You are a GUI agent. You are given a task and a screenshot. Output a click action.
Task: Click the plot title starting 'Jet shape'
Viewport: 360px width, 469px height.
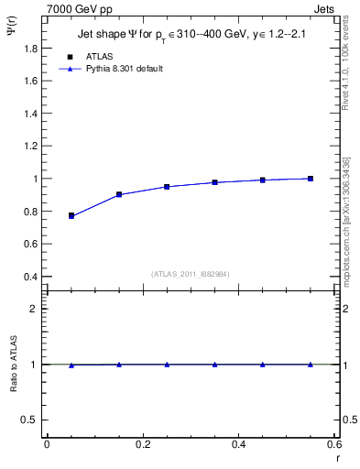coord(192,36)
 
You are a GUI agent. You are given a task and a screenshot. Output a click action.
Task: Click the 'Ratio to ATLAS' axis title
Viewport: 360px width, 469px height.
coord(14,364)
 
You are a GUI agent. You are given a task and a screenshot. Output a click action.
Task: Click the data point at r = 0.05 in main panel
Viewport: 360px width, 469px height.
coord(71,215)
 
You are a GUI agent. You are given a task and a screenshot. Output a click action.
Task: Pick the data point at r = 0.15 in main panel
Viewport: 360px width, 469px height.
coord(119,194)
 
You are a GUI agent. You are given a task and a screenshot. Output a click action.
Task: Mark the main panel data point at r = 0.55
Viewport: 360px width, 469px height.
coord(311,179)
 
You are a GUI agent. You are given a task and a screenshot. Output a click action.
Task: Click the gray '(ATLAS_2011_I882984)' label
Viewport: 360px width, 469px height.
coord(192,274)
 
